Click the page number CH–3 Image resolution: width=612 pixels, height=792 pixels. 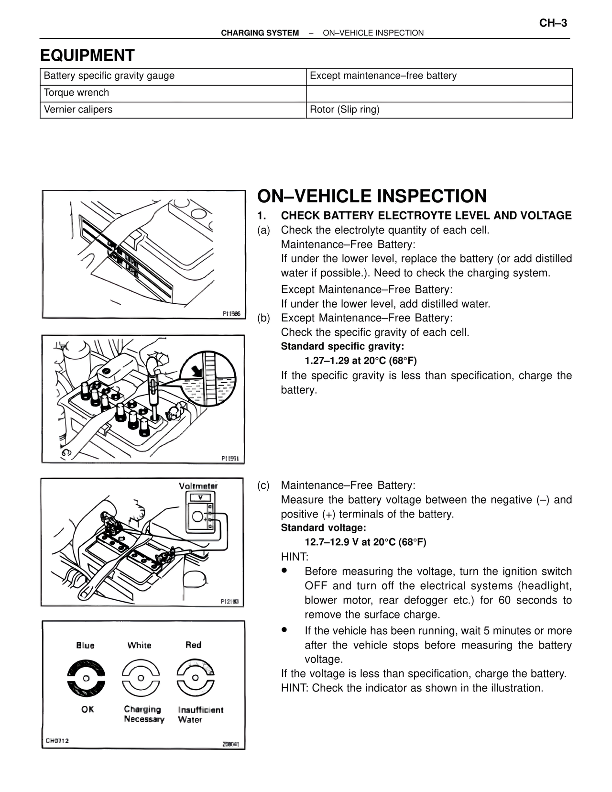(x=553, y=23)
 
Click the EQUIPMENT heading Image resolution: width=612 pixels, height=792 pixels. (x=87, y=55)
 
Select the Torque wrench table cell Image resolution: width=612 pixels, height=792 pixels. (x=173, y=93)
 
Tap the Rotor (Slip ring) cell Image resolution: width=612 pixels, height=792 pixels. (x=439, y=110)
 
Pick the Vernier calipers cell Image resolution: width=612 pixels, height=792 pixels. (x=173, y=110)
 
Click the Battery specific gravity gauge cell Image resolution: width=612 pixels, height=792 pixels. (x=173, y=77)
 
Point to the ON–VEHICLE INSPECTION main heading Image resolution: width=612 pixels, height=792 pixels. (x=372, y=196)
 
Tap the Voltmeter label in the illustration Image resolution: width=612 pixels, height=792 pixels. (x=198, y=486)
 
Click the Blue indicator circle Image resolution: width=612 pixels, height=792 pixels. (x=87, y=678)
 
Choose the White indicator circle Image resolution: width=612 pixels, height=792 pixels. (x=141, y=678)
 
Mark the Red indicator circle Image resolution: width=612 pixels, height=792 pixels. (x=195, y=678)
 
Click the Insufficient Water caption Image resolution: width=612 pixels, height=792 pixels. (x=201, y=715)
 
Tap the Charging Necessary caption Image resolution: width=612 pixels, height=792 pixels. (x=144, y=715)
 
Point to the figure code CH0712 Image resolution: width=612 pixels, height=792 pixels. (x=57, y=741)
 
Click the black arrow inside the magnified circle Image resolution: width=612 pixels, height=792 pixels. (x=197, y=372)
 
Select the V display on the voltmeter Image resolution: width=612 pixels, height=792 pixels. (x=200, y=497)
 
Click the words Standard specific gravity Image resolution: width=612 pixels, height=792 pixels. (x=342, y=346)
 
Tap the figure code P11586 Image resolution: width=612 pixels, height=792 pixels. (x=231, y=313)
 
